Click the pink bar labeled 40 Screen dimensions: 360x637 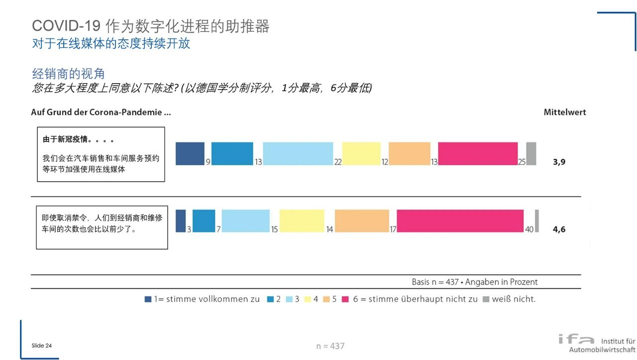460,221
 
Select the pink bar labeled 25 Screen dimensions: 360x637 478,153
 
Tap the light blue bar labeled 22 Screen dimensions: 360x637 298,153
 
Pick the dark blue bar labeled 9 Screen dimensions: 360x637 190,153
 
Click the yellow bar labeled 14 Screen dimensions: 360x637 302,221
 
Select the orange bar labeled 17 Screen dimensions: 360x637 362,221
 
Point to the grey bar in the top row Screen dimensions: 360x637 531,153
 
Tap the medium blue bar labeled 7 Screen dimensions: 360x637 204,221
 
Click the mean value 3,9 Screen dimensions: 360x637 559,162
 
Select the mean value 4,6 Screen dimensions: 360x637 559,230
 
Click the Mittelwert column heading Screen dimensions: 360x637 564,113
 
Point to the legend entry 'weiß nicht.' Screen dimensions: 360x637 513,299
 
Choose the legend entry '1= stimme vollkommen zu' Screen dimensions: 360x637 207,299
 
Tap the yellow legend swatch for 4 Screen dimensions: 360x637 308,299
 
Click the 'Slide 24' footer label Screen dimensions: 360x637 41,346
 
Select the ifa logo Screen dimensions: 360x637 576,340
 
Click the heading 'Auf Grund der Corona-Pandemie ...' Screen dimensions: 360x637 101,113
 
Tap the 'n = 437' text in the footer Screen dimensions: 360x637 330,346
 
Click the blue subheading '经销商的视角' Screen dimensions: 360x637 68,74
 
